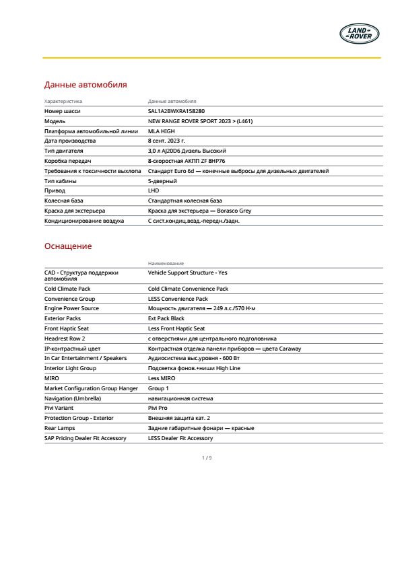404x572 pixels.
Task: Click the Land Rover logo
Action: click(x=360, y=33)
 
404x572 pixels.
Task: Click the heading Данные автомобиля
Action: click(x=86, y=85)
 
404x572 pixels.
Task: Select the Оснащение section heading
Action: click(x=68, y=246)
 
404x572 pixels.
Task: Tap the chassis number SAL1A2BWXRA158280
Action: click(x=176, y=110)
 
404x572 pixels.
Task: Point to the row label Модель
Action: click(x=55, y=121)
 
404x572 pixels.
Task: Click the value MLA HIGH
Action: click(x=162, y=131)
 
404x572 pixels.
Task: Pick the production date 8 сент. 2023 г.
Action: click(x=171, y=141)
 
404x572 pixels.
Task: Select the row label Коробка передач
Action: click(x=67, y=162)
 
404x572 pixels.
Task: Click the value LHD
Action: click(x=154, y=191)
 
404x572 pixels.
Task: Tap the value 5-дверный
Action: click(x=162, y=181)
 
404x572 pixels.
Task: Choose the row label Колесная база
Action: click(x=65, y=201)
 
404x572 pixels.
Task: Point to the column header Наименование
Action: click(x=166, y=263)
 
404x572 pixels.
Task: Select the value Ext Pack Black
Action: click(x=166, y=318)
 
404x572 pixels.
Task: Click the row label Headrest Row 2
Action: click(x=65, y=338)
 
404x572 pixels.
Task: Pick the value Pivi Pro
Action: click(x=158, y=408)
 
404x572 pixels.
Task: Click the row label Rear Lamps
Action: click(x=60, y=428)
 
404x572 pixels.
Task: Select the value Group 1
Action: click(x=159, y=388)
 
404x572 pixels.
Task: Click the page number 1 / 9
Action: click(x=207, y=458)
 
